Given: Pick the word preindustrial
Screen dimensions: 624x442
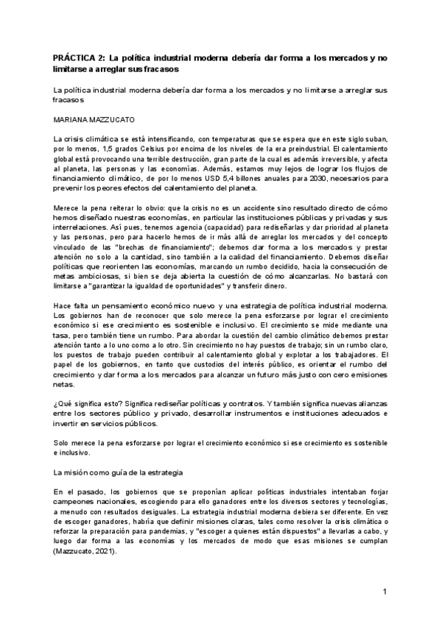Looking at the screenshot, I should (285, 150).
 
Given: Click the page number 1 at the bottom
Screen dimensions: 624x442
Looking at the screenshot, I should (385, 591).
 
